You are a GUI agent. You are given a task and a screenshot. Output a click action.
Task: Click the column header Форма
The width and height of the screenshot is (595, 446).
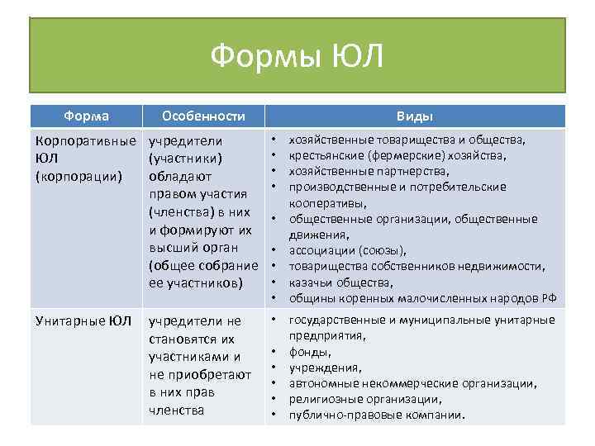click(87, 116)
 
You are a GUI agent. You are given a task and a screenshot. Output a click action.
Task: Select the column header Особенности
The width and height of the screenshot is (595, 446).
click(203, 116)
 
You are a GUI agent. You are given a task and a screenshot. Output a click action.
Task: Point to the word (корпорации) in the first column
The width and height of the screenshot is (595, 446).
click(77, 175)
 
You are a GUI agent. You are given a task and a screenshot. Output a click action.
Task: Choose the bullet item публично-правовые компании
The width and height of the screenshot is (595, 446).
click(377, 415)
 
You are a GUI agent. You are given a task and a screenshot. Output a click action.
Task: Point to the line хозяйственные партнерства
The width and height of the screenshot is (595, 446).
click(369, 171)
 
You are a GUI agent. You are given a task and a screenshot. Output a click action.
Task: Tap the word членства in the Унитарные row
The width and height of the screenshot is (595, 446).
click(177, 410)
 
